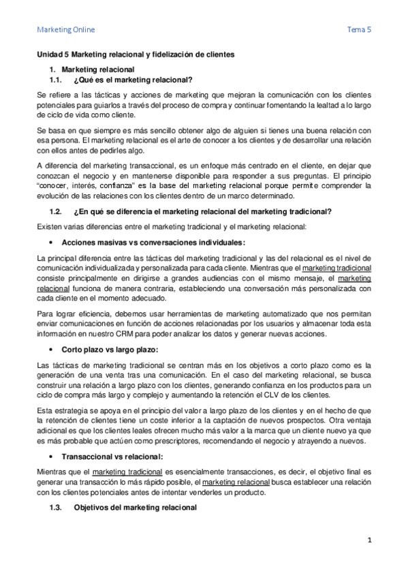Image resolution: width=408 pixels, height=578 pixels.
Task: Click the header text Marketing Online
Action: point(65,29)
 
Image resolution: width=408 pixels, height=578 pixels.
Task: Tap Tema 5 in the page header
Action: point(359,29)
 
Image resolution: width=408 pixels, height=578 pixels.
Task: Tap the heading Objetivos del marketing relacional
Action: point(135,507)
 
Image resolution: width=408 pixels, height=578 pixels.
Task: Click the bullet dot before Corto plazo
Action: point(52,350)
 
